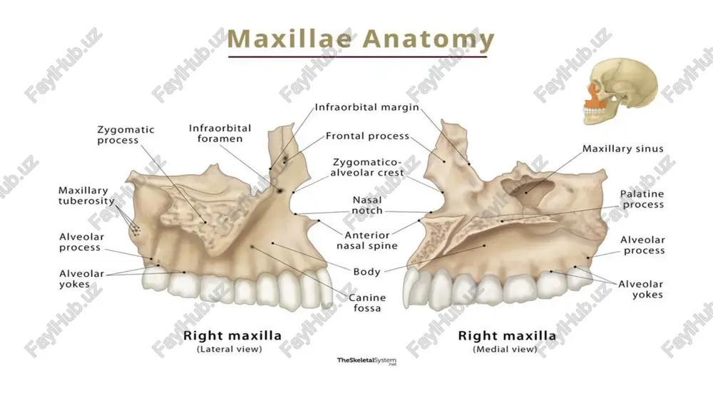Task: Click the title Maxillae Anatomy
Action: click(360, 39)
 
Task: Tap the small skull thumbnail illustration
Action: click(620, 91)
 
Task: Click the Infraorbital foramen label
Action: click(220, 133)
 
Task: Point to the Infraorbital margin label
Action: click(367, 108)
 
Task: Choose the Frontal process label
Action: click(367, 136)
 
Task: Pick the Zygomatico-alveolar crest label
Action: click(367, 168)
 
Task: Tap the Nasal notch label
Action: click(367, 205)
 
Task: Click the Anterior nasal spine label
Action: click(367, 240)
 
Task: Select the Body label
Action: click(366, 272)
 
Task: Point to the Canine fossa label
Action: click(367, 303)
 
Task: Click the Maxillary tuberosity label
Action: click(86, 196)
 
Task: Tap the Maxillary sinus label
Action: click(623, 149)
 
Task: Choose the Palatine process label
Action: click(642, 199)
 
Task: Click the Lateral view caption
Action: click(229, 350)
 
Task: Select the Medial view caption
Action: click(505, 350)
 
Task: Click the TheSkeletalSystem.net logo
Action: click(366, 362)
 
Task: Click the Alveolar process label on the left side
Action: click(82, 242)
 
